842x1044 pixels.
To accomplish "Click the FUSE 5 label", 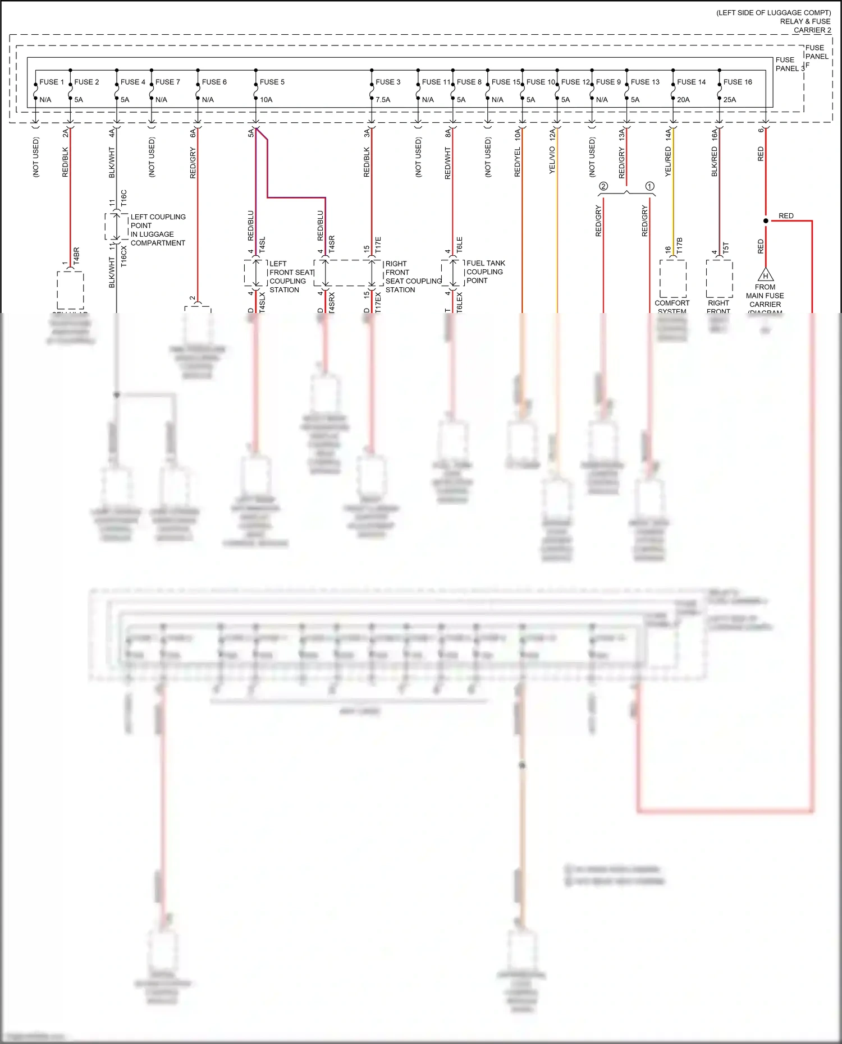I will pyautogui.click(x=272, y=82).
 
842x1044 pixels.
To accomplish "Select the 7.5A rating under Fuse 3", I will pyautogui.click(x=382, y=100).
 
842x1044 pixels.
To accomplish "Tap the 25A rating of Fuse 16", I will pyautogui.click(x=729, y=100).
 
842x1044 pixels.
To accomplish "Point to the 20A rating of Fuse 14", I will pyautogui.click(x=683, y=100).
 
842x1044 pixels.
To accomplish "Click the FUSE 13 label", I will pyautogui.click(x=644, y=82).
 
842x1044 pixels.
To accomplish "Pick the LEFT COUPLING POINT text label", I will pyautogui.click(x=158, y=230).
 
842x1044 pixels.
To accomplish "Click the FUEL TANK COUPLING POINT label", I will pyautogui.click(x=486, y=272).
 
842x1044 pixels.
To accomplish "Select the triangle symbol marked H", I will pyautogui.click(x=765, y=275).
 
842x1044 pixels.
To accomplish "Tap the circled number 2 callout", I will pyautogui.click(x=603, y=186).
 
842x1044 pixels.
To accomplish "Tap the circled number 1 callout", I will pyautogui.click(x=649, y=186).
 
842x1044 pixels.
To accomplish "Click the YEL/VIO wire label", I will pyautogui.click(x=552, y=160).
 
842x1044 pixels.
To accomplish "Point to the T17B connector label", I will pyautogui.click(x=679, y=246).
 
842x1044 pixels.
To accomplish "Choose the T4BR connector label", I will pyautogui.click(x=76, y=255).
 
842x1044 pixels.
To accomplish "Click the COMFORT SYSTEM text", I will pyautogui.click(x=672, y=306).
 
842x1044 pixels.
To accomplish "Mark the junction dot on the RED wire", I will pyautogui.click(x=766, y=221).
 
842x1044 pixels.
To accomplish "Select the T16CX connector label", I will pyautogui.click(x=124, y=255).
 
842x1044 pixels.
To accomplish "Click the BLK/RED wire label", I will pyautogui.click(x=715, y=162).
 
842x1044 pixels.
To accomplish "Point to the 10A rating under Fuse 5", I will pyautogui.click(x=266, y=100).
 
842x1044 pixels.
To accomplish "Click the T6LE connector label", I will pyautogui.click(x=459, y=244).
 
